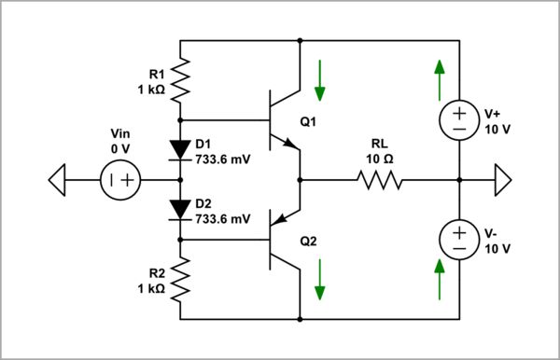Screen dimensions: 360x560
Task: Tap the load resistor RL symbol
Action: [377, 180]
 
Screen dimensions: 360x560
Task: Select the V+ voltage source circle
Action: [460, 119]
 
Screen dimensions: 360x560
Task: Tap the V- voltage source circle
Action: [460, 240]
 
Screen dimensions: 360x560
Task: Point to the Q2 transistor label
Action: [310, 241]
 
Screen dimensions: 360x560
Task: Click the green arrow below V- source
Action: [438, 281]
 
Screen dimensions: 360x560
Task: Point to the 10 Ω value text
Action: [378, 158]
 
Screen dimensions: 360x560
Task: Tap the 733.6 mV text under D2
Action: [221, 219]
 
